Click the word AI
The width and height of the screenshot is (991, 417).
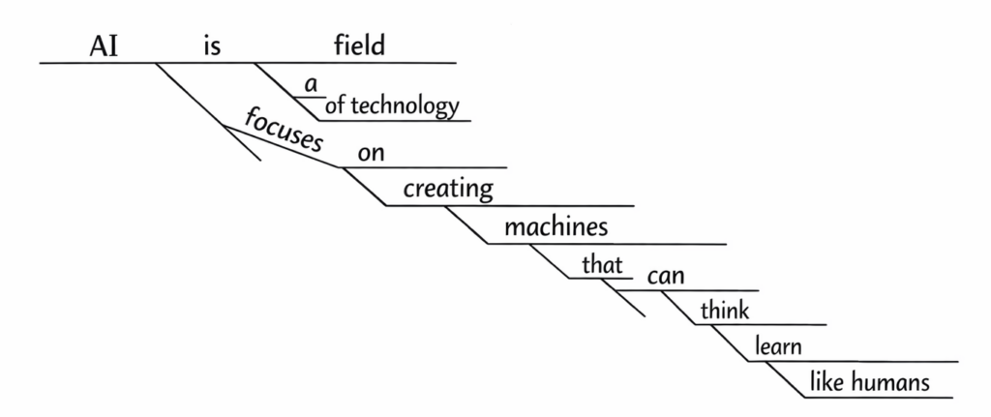(105, 46)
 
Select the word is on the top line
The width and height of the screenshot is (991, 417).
(213, 46)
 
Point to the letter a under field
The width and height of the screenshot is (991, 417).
(311, 85)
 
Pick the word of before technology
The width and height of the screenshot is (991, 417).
(336, 105)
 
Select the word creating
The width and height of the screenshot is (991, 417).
(448, 189)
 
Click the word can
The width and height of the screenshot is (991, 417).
(666, 277)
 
